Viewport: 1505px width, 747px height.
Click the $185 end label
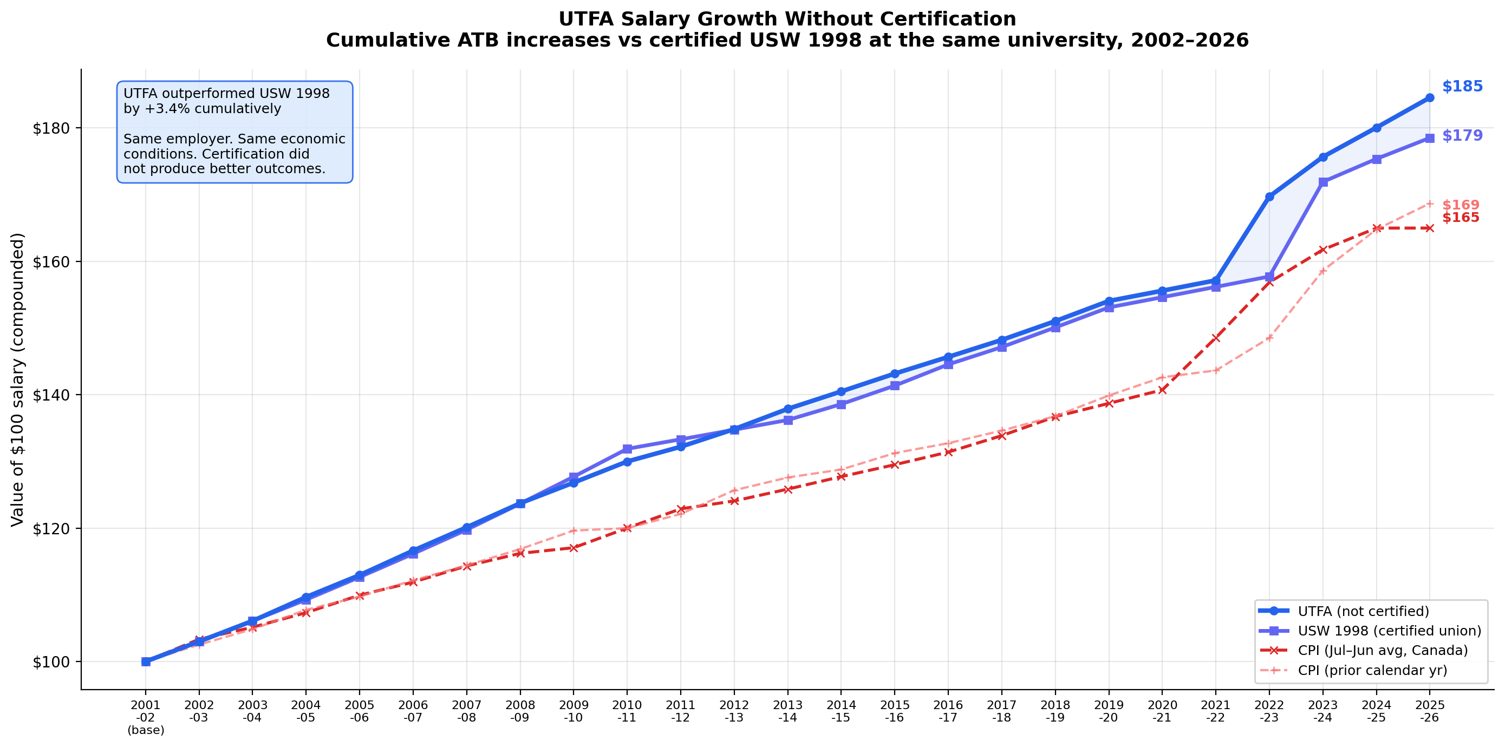click(x=1462, y=87)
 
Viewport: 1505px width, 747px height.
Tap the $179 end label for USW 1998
click(x=1462, y=135)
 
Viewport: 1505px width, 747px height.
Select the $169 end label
click(x=1460, y=205)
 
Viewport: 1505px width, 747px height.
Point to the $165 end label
click(x=1460, y=218)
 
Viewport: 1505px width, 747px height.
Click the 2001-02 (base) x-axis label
click(x=146, y=717)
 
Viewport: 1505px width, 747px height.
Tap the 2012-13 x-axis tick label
click(x=734, y=711)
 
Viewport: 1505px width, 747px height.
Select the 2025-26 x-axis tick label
click(x=1429, y=711)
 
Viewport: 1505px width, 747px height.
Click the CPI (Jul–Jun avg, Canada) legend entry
click(x=1382, y=651)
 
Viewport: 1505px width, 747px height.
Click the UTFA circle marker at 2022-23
click(x=1269, y=197)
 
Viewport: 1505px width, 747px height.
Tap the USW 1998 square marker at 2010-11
click(x=627, y=449)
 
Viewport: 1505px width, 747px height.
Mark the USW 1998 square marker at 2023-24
click(x=1322, y=182)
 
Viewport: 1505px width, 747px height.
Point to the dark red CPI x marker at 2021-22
click(x=1216, y=338)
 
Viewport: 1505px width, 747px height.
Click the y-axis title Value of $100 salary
click(x=17, y=379)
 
